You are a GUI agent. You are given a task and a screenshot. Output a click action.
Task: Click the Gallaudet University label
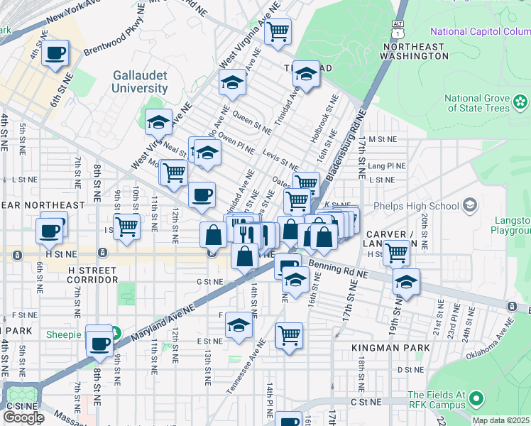[140, 82]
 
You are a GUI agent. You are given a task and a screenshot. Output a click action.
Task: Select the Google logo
[23, 417]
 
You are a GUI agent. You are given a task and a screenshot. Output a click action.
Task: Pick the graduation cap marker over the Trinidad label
[305, 74]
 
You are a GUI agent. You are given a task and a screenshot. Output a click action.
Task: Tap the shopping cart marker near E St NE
[289, 334]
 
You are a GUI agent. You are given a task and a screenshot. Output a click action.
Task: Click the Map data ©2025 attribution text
[500, 420]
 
